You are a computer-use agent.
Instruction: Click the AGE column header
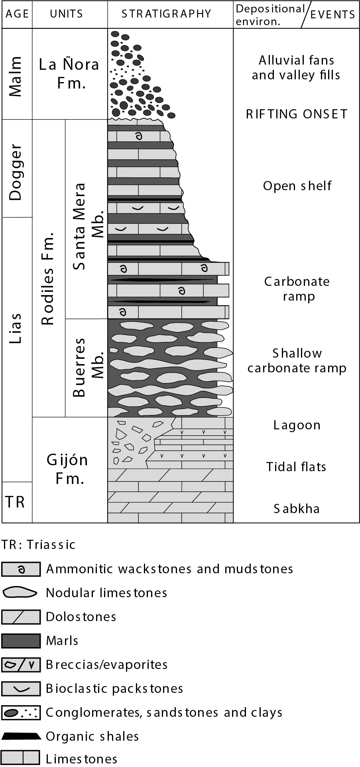coord(17,14)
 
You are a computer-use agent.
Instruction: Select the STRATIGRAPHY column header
coord(166,14)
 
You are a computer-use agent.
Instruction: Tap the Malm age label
coord(16,76)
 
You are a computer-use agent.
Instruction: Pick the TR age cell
coord(16,501)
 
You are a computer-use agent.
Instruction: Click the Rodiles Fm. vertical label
coord(48,279)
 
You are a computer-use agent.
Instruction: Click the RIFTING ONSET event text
coord(297,114)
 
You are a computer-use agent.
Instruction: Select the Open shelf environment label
coord(297,186)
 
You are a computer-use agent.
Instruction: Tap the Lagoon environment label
coord(297,425)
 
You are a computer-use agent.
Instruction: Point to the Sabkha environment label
coord(297,509)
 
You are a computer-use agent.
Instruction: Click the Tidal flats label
coord(296,466)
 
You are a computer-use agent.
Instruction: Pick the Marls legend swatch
coord(21,641)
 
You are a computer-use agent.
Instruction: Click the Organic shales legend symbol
coord(21,736)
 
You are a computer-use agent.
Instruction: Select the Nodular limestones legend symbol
coord(20,593)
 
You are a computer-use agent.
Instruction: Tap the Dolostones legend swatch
coord(21,617)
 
